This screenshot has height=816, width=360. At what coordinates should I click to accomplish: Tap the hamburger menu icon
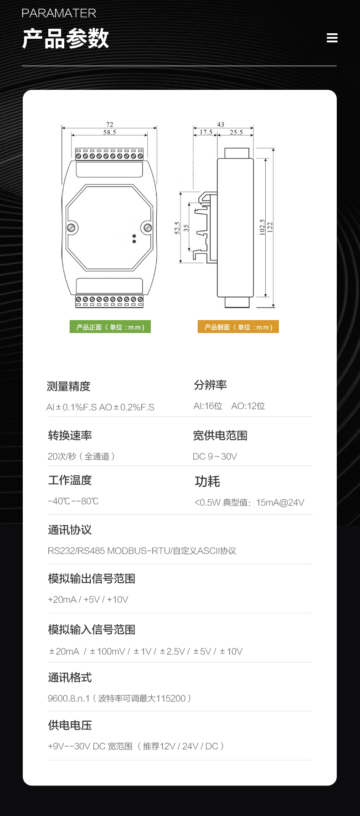tap(332, 38)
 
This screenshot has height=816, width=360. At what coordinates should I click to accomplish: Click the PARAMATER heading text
tap(59, 13)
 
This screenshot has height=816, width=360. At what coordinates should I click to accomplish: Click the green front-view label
tap(110, 327)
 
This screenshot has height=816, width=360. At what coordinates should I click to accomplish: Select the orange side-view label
tap(238, 327)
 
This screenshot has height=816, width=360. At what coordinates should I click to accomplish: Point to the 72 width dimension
tap(109, 124)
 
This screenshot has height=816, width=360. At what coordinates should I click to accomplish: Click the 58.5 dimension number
tap(109, 133)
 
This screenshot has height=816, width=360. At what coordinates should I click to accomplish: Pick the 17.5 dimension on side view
tap(206, 133)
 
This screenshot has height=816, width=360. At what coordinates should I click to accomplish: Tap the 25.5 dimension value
tap(236, 133)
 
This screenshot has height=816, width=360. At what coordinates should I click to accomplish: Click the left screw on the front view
tap(72, 227)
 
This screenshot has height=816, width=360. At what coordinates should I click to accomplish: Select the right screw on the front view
tap(148, 227)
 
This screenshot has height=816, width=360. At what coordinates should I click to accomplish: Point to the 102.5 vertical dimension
tap(262, 227)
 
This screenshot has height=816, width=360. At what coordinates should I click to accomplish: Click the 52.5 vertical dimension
tap(177, 228)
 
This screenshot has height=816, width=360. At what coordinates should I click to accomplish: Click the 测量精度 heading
tap(68, 386)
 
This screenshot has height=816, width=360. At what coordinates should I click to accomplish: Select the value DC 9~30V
tap(215, 457)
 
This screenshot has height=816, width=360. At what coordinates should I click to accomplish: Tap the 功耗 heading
tap(207, 481)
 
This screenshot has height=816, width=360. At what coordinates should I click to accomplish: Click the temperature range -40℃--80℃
tap(73, 501)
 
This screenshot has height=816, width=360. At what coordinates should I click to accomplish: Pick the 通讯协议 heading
tap(70, 530)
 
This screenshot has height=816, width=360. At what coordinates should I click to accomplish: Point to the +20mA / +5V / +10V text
tap(88, 600)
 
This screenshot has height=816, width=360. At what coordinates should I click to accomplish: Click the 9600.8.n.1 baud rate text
tap(69, 698)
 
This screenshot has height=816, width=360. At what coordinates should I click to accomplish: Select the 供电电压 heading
tap(70, 725)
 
